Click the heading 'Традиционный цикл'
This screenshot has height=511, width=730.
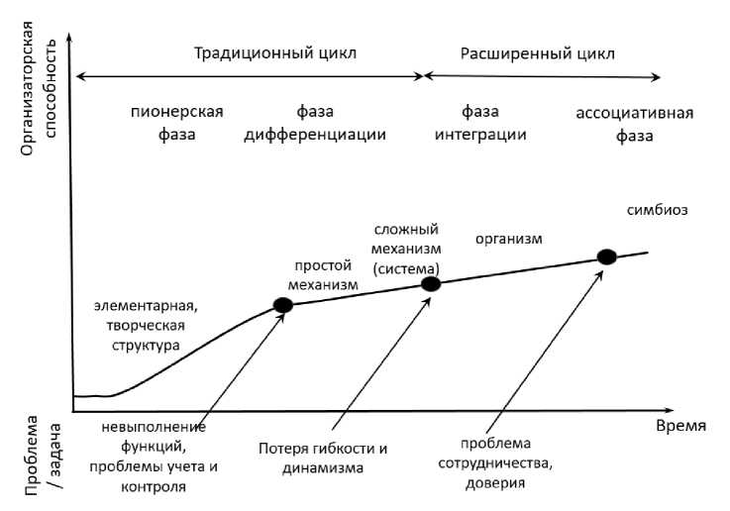click(x=275, y=52)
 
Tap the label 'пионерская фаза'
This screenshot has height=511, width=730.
click(x=177, y=122)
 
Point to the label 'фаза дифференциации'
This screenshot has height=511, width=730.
click(x=315, y=122)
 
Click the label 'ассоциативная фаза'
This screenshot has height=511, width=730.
click(x=634, y=122)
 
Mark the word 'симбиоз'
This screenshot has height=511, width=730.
click(x=657, y=210)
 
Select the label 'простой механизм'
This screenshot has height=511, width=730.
click(x=323, y=275)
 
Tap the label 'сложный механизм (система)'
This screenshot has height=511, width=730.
click(x=407, y=248)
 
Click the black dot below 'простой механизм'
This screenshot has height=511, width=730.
click(x=283, y=305)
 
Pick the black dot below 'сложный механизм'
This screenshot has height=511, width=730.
click(x=431, y=284)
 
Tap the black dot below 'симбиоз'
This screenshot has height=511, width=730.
click(x=606, y=256)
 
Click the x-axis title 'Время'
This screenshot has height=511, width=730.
click(x=680, y=426)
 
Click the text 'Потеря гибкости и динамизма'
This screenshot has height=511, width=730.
click(x=322, y=458)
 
